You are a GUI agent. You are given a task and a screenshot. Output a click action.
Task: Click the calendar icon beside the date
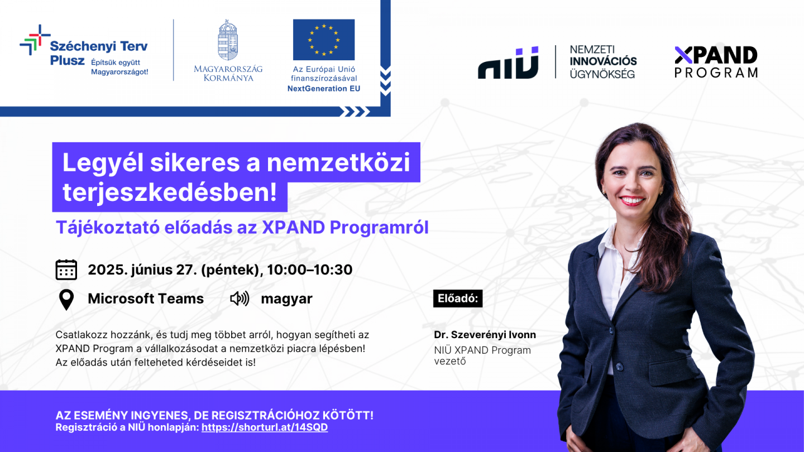[x=66, y=270]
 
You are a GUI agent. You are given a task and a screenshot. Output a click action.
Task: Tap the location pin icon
[x=66, y=300]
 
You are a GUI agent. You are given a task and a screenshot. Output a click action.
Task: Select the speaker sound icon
[x=240, y=299]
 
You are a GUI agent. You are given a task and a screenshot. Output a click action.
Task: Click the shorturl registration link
[x=265, y=427]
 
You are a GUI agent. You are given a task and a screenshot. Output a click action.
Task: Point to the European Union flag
[x=324, y=40]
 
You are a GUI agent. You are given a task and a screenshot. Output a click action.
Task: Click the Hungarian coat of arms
[x=228, y=40]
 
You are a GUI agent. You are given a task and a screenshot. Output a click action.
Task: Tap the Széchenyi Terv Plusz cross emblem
[x=35, y=40]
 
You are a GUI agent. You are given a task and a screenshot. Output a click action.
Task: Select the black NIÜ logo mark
[x=508, y=62]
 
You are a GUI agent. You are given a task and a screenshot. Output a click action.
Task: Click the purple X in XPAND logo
[x=683, y=55]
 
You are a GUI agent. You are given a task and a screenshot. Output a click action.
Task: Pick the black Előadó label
[x=458, y=299]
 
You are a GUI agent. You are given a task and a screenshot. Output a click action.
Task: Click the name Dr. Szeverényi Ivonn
[x=485, y=335]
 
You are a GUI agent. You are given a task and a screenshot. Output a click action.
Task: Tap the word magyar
[x=286, y=299]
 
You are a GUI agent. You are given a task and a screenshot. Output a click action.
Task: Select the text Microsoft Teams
[x=146, y=299]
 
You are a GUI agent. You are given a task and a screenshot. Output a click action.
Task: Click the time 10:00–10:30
[x=309, y=270]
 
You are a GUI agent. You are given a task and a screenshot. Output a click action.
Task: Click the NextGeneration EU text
[x=324, y=89]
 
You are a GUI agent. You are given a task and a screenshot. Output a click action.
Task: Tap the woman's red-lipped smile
[x=632, y=200]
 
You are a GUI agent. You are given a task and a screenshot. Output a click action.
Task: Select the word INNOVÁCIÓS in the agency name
[x=603, y=61]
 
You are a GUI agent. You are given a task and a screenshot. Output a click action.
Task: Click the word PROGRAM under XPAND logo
[x=716, y=73]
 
